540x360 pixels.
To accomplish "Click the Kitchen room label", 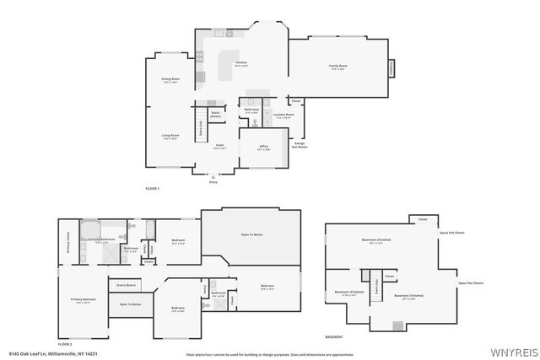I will (x=241, y=63).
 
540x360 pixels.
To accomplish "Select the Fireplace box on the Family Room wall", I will (x=391, y=67).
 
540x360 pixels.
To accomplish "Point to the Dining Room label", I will (x=170, y=80).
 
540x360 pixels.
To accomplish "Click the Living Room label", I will (x=170, y=137).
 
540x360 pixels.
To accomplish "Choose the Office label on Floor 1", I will (x=263, y=147).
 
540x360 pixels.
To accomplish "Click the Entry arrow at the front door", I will (x=213, y=177).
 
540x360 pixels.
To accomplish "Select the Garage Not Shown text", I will (x=300, y=144).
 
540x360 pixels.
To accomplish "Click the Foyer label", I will (x=219, y=146).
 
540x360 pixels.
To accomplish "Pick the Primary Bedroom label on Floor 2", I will (x=82, y=300).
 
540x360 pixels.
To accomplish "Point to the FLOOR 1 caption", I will (x=152, y=187).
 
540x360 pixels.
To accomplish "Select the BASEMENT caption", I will (x=334, y=336).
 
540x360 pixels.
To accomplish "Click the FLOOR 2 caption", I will (x=65, y=344).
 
